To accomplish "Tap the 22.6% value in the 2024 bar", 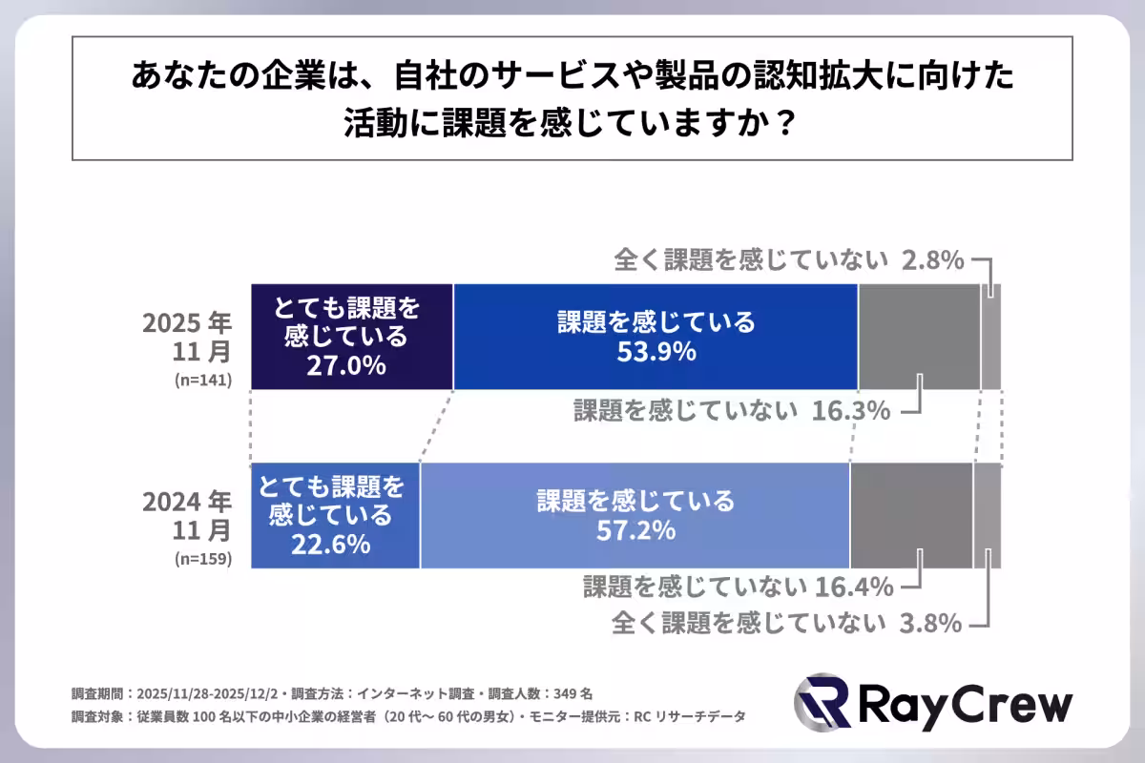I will point(330,544).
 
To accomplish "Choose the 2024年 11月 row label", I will point(187,515).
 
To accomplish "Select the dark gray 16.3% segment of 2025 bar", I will point(919,336).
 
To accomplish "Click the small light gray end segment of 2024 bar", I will point(987,515).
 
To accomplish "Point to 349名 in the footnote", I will point(575,692).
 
